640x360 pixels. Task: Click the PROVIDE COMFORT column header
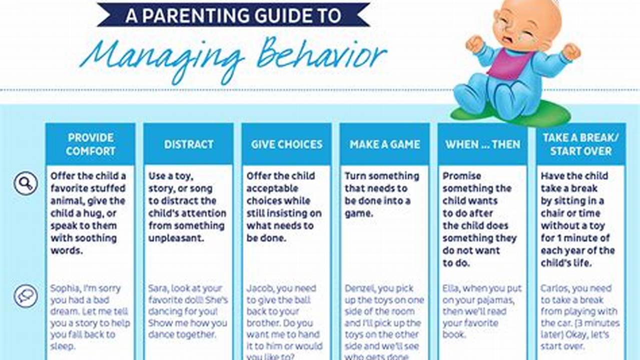click(x=91, y=144)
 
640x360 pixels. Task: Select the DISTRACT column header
click(x=189, y=144)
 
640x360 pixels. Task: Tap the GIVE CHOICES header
click(x=287, y=144)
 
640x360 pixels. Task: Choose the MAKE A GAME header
click(x=384, y=144)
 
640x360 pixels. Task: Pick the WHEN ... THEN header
click(x=482, y=144)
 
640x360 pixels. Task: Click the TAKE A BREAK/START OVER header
click(x=580, y=144)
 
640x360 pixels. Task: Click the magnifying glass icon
click(x=25, y=183)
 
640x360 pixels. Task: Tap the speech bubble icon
click(x=25, y=296)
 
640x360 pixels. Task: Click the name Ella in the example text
click(x=451, y=288)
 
